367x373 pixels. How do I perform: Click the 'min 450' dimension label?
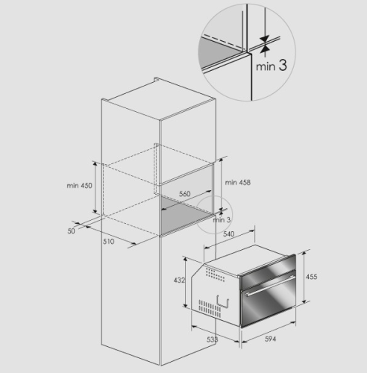coord(79,186)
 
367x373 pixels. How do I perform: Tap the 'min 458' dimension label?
coord(238,183)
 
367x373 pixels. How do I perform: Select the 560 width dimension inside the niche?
coord(185,194)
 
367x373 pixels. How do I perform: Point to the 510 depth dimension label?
coord(109,242)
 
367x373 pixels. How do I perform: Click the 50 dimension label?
coord(71,231)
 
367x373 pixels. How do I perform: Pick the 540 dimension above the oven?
coord(229,234)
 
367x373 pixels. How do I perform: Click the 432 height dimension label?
coord(179,280)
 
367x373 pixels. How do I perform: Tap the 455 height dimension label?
coord(312,277)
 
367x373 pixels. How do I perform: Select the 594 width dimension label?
coord(270,339)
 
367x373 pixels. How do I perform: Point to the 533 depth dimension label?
coord(213,339)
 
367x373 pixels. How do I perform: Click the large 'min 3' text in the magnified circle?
coord(272,66)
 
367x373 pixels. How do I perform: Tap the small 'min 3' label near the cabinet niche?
coord(222,220)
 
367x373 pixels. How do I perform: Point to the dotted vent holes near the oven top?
coord(216,275)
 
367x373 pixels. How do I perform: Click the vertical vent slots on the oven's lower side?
coord(210,309)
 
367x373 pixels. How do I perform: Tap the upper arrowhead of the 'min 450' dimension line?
coord(95,163)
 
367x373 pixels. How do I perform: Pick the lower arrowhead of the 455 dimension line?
coord(304,301)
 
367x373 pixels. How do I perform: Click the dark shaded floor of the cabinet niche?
coord(186,213)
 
